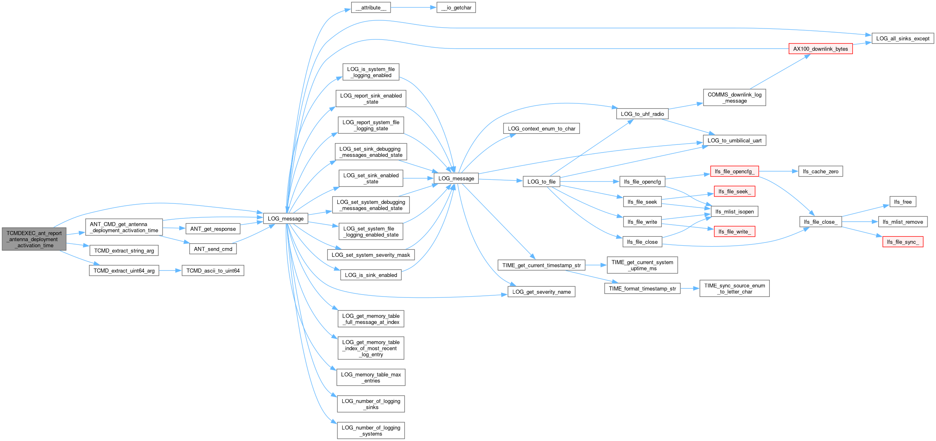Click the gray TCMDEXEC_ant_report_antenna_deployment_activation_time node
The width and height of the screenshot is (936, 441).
(x=34, y=239)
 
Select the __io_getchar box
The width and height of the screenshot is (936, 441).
(x=456, y=8)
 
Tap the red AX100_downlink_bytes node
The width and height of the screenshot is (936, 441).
(x=821, y=49)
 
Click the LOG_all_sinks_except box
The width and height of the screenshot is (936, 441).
(x=903, y=39)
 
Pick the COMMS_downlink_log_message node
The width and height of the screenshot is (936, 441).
(x=734, y=98)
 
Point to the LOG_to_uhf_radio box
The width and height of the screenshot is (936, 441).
(x=642, y=114)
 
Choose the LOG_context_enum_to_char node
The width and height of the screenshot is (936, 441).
(x=541, y=129)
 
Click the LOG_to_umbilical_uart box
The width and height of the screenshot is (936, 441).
(x=734, y=140)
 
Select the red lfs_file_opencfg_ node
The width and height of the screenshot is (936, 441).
(x=734, y=171)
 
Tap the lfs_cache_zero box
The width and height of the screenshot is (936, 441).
(x=821, y=171)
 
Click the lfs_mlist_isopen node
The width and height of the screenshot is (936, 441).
(x=734, y=212)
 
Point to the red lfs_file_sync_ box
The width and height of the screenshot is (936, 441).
(x=903, y=242)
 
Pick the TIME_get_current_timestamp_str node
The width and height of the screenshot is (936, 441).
(x=541, y=265)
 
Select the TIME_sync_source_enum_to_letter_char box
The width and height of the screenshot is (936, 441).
(x=734, y=288)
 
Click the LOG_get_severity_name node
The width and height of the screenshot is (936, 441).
(x=541, y=292)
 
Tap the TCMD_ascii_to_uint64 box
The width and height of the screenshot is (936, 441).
(x=213, y=271)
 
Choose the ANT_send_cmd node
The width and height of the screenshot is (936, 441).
(x=213, y=249)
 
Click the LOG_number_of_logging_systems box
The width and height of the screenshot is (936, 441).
(x=371, y=430)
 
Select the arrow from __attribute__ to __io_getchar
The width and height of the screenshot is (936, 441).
(x=414, y=8)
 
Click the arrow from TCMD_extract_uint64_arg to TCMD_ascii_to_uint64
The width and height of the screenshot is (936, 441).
(x=170, y=271)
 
